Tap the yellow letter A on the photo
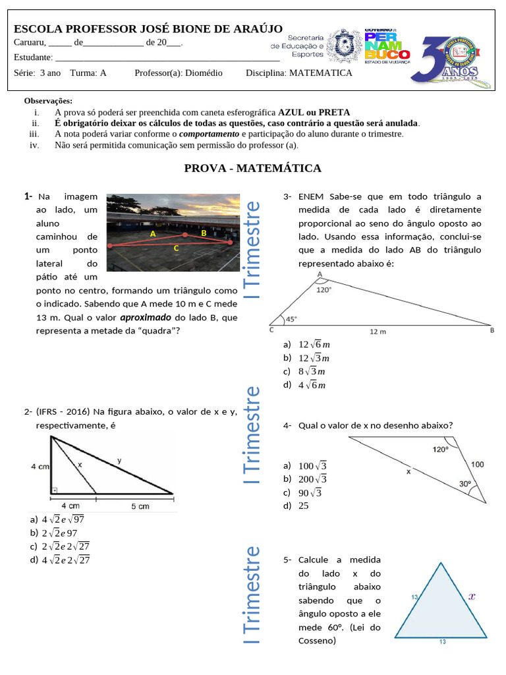(152, 234)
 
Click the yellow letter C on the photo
(176, 249)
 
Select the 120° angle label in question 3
(323, 289)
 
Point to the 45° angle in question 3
(291, 318)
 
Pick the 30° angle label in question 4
(465, 483)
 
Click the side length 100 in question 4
(478, 465)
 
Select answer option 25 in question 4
(304, 506)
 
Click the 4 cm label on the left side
(40, 466)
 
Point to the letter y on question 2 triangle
(119, 459)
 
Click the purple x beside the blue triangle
(472, 596)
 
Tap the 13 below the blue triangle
(442, 641)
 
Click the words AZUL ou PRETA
(314, 112)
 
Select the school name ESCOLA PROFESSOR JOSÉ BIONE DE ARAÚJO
(148, 29)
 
